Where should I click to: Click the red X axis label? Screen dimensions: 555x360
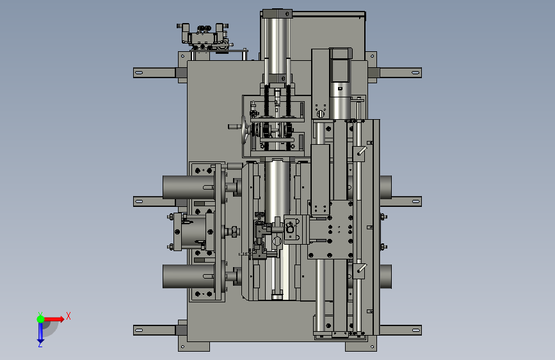point(68,316)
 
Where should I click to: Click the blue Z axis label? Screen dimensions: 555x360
point(40,344)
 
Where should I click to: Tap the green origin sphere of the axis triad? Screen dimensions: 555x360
point(41,319)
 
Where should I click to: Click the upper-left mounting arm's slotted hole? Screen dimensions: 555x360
point(139,72)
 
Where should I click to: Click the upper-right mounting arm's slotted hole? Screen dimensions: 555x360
point(415,72)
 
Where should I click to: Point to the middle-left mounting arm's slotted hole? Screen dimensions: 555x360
point(139,202)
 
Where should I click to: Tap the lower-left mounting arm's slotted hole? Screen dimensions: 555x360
point(139,331)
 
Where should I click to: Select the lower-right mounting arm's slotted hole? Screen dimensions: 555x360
point(415,331)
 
